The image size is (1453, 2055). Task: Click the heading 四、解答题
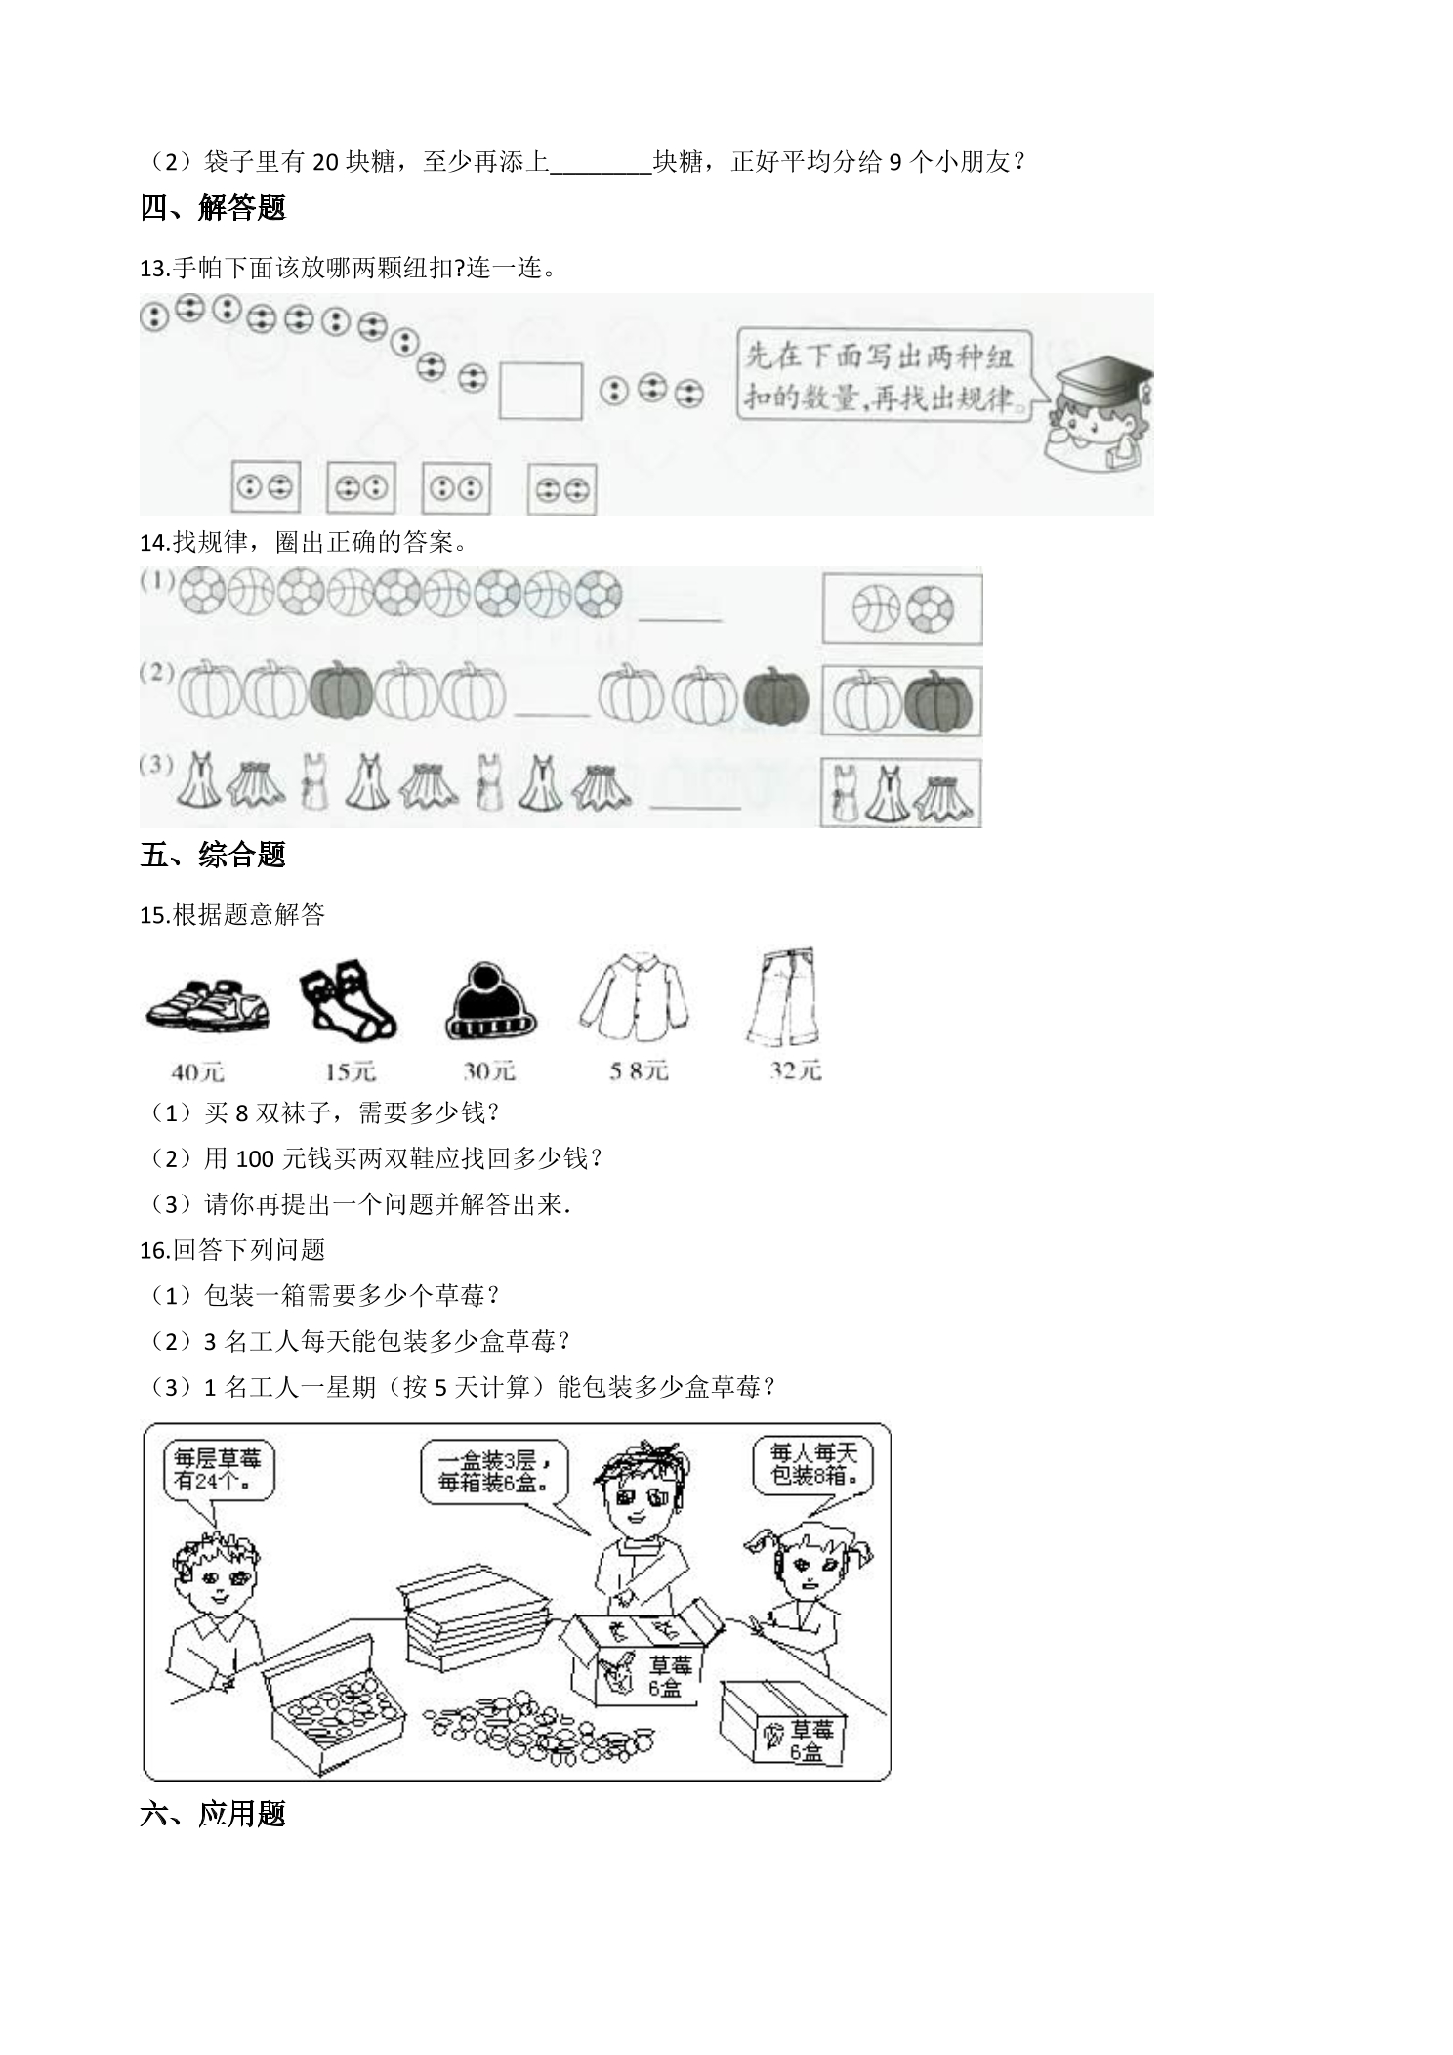(x=213, y=208)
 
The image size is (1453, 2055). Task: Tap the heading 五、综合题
(x=213, y=855)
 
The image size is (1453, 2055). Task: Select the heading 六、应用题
(x=213, y=1814)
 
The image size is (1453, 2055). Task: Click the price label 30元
(x=489, y=1070)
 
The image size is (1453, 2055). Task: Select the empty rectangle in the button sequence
(x=541, y=391)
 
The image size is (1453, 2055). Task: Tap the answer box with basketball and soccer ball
(x=902, y=608)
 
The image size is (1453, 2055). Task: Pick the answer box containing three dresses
(x=900, y=791)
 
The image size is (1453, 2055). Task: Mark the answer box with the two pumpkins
(x=902, y=700)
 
